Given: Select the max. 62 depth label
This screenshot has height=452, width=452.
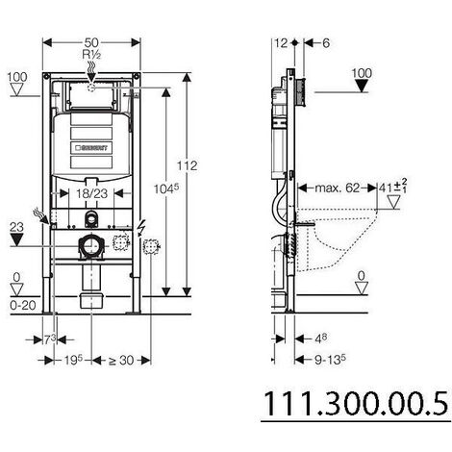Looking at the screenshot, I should pos(336,188).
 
